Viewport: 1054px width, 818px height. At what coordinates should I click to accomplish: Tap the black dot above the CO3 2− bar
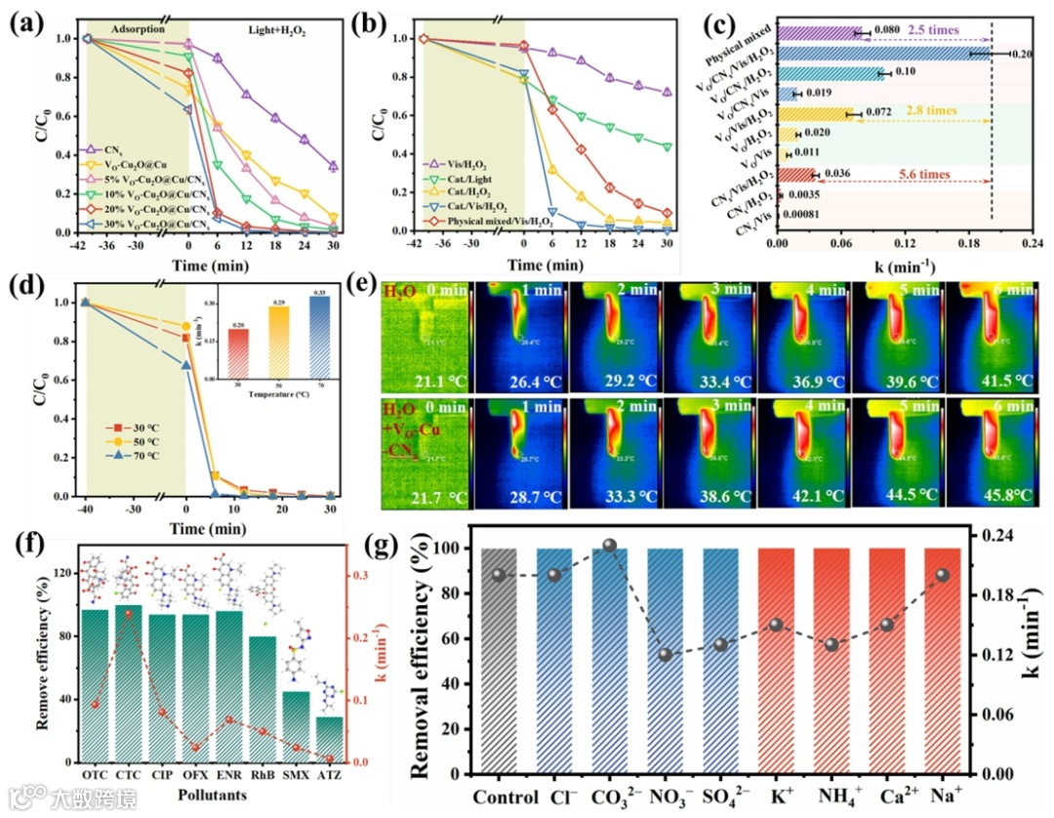tap(610, 545)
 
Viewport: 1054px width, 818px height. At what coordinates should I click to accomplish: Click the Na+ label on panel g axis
tap(942, 796)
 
